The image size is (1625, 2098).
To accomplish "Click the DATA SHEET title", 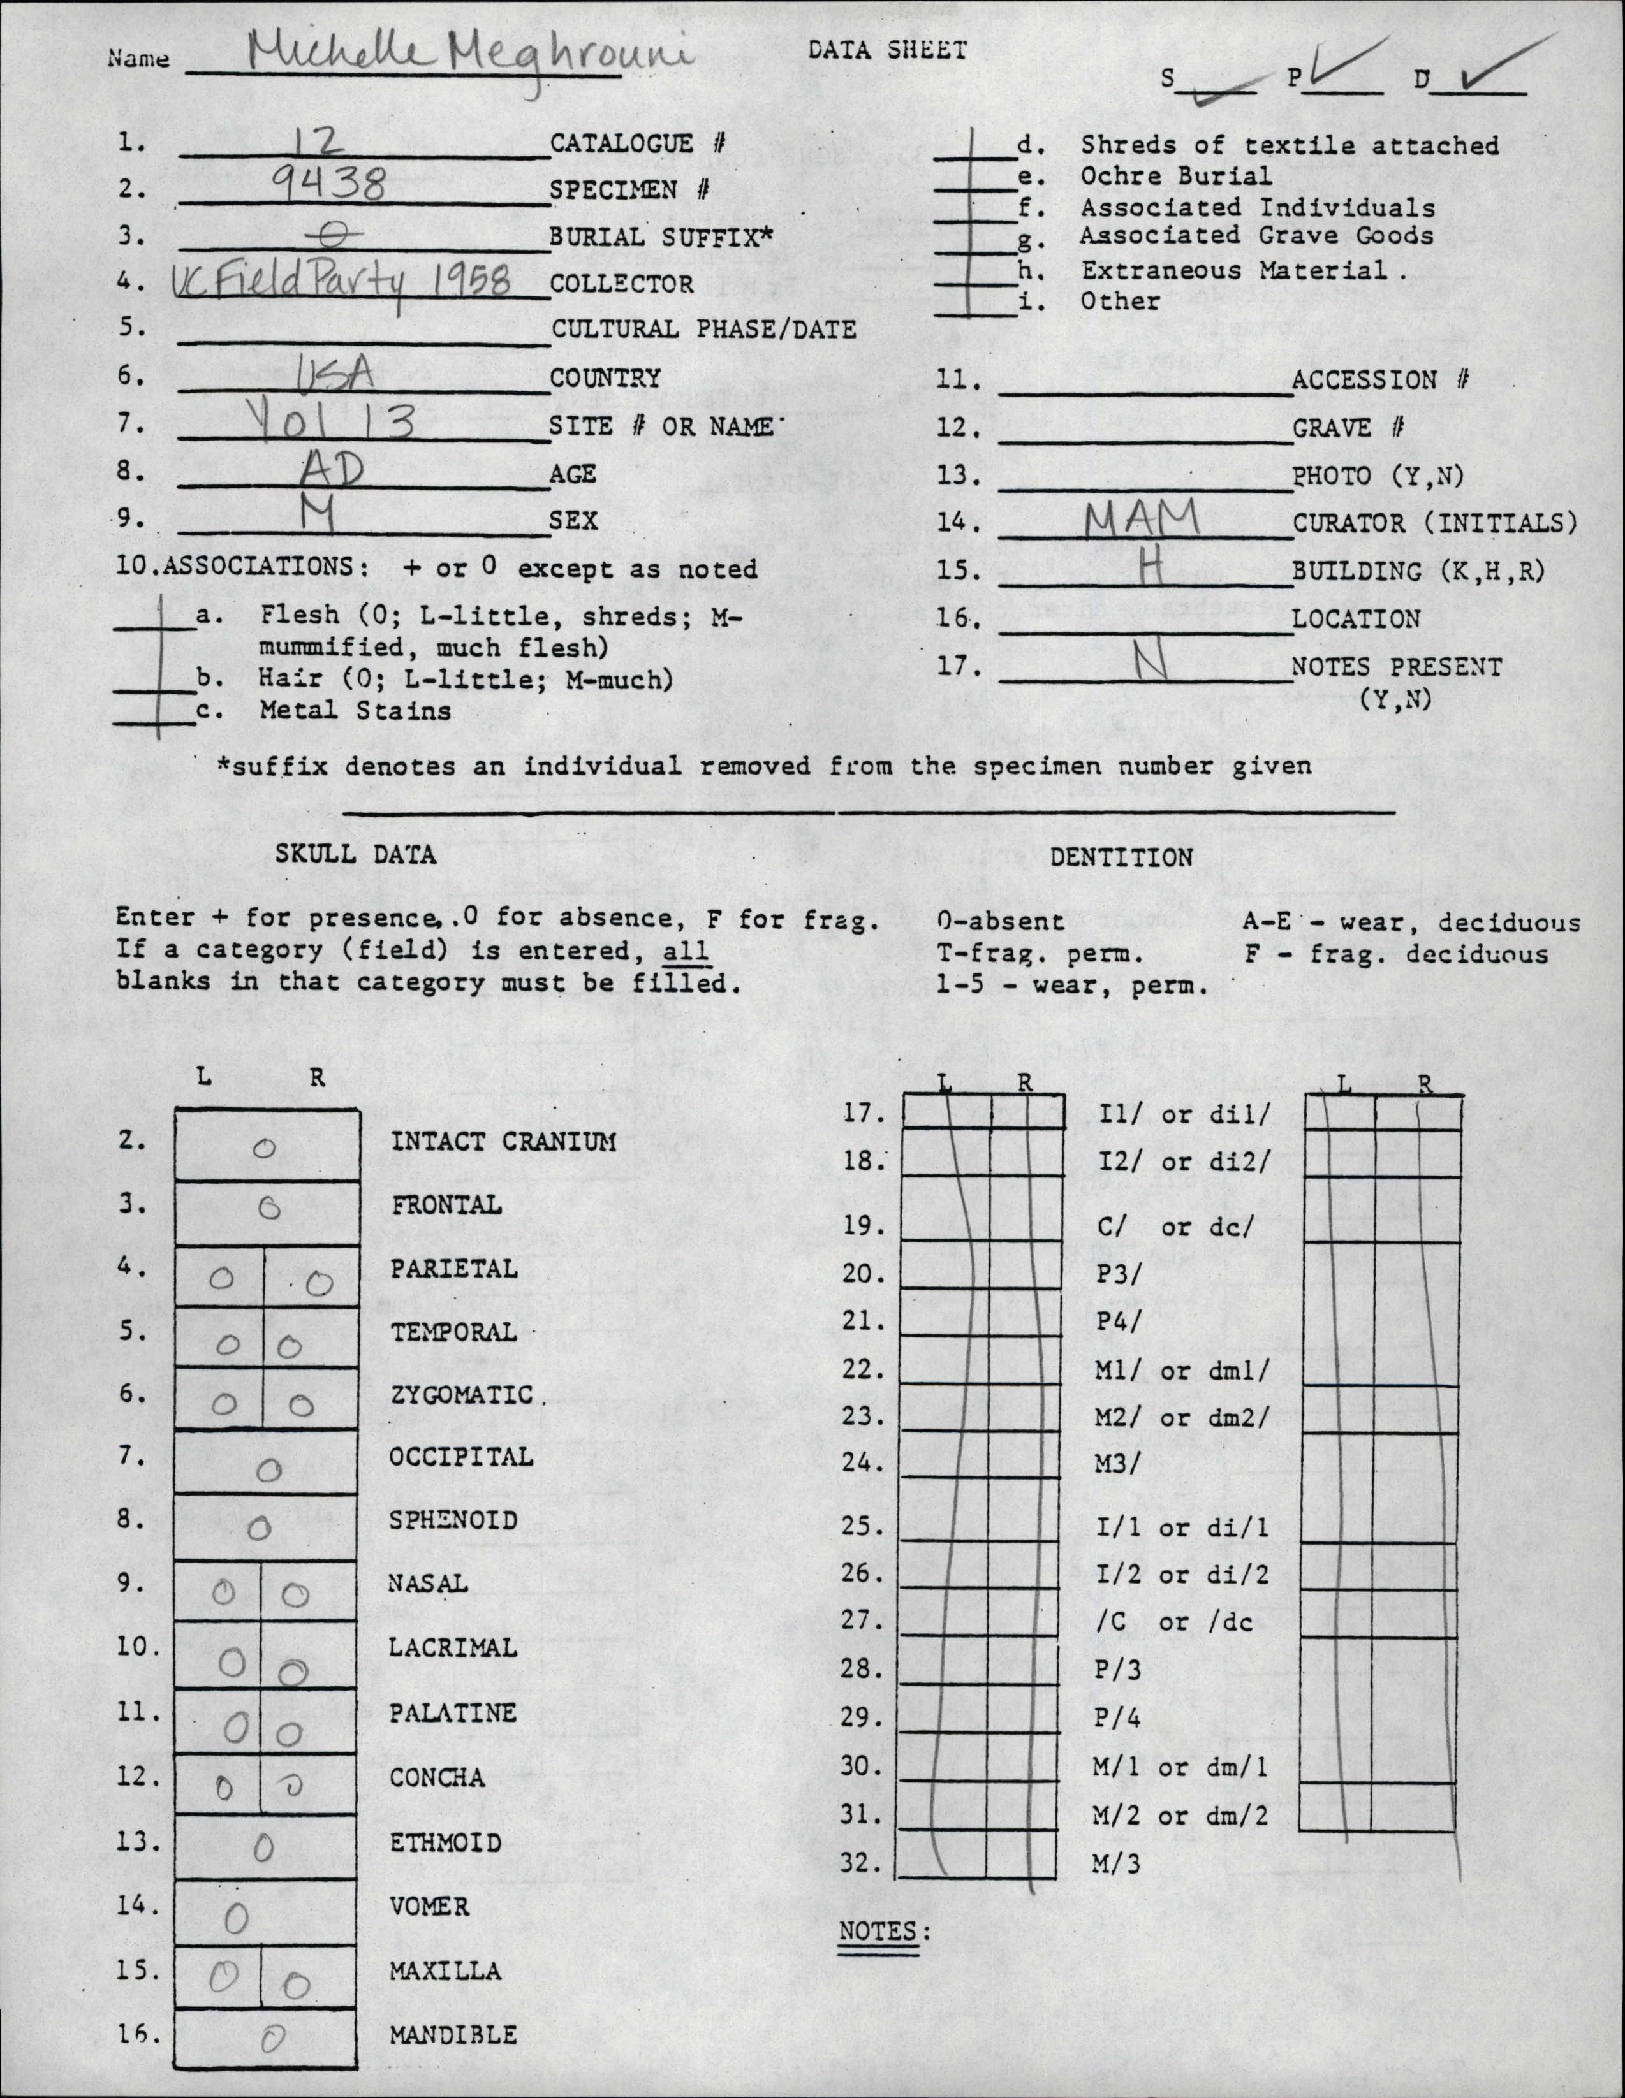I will tap(887, 50).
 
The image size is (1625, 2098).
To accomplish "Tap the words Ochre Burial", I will tap(1175, 176).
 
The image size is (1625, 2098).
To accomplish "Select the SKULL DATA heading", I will tap(356, 854).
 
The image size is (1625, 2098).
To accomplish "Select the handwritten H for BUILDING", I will tap(1149, 570).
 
